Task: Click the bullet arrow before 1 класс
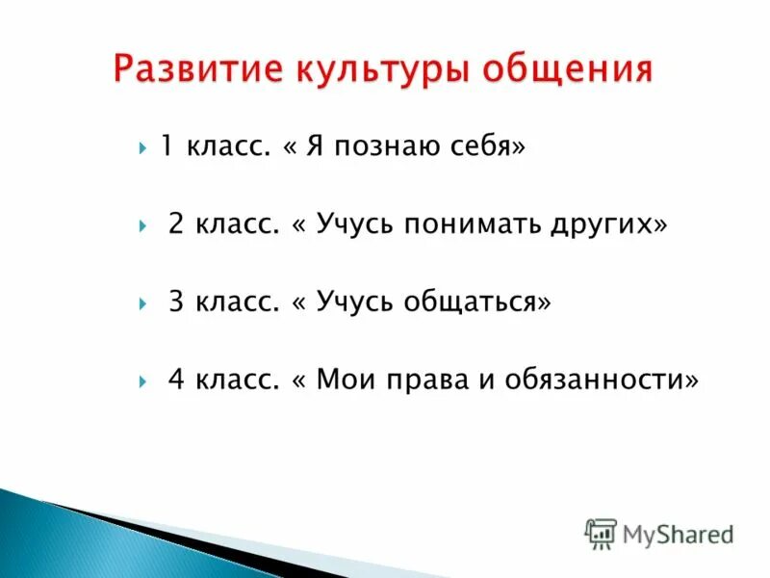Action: click(142, 149)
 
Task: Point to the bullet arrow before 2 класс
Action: click(142, 226)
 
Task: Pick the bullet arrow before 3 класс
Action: click(142, 303)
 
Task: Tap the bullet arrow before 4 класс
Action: click(142, 381)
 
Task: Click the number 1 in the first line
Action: click(167, 147)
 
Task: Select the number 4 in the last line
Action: click(176, 379)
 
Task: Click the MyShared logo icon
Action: click(601, 534)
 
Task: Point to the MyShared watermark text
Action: click(678, 533)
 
